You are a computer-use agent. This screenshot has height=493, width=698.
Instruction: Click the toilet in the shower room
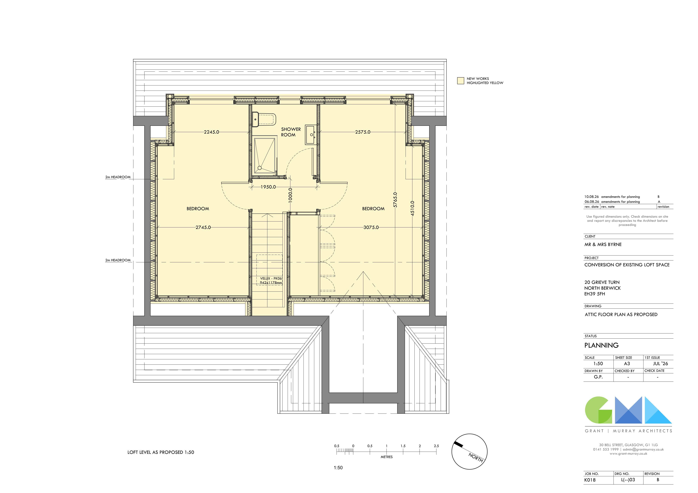point(264,120)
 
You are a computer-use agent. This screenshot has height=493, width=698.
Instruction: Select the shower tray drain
point(260,168)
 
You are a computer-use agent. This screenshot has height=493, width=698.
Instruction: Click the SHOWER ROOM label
point(291,132)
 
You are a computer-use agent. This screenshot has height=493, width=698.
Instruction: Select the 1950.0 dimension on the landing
point(268,187)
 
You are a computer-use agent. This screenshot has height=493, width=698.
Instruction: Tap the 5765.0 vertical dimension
point(395,200)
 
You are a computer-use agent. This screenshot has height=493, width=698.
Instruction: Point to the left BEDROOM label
point(198,209)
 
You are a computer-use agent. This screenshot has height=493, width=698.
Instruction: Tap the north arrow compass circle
point(469,451)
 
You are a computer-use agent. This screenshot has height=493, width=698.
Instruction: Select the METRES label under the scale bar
point(386,457)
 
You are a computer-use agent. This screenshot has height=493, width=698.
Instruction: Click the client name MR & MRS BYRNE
point(603,244)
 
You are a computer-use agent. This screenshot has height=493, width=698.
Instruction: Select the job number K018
point(590,480)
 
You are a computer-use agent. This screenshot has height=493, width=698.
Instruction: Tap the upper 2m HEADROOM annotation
point(118,177)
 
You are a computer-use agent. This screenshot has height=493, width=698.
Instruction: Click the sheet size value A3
point(627,364)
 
